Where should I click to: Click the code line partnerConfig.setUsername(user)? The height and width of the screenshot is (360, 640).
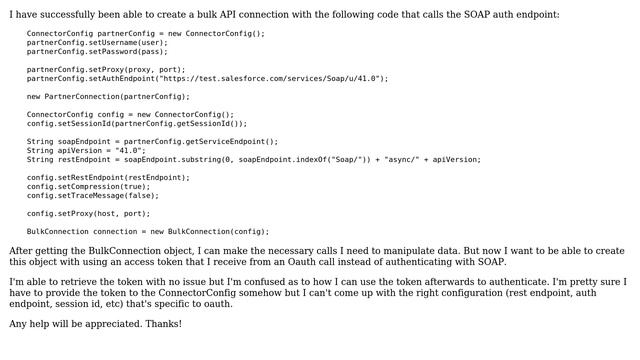[97, 43]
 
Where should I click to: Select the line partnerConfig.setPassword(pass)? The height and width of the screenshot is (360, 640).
[97, 52]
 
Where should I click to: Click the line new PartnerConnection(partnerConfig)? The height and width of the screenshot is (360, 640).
[108, 96]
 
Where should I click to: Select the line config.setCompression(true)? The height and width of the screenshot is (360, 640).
[88, 186]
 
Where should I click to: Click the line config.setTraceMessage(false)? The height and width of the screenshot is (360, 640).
[93, 195]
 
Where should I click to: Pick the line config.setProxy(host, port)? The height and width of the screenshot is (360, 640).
[88, 213]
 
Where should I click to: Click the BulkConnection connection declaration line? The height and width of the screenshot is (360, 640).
[148, 231]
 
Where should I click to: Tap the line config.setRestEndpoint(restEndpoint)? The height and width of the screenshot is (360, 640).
[108, 177]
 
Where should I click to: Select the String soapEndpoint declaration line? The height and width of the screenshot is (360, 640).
[153, 141]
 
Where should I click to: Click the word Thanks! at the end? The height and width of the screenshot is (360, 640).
[163, 324]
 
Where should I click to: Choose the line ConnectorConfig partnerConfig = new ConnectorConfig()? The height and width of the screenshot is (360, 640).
[146, 33]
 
